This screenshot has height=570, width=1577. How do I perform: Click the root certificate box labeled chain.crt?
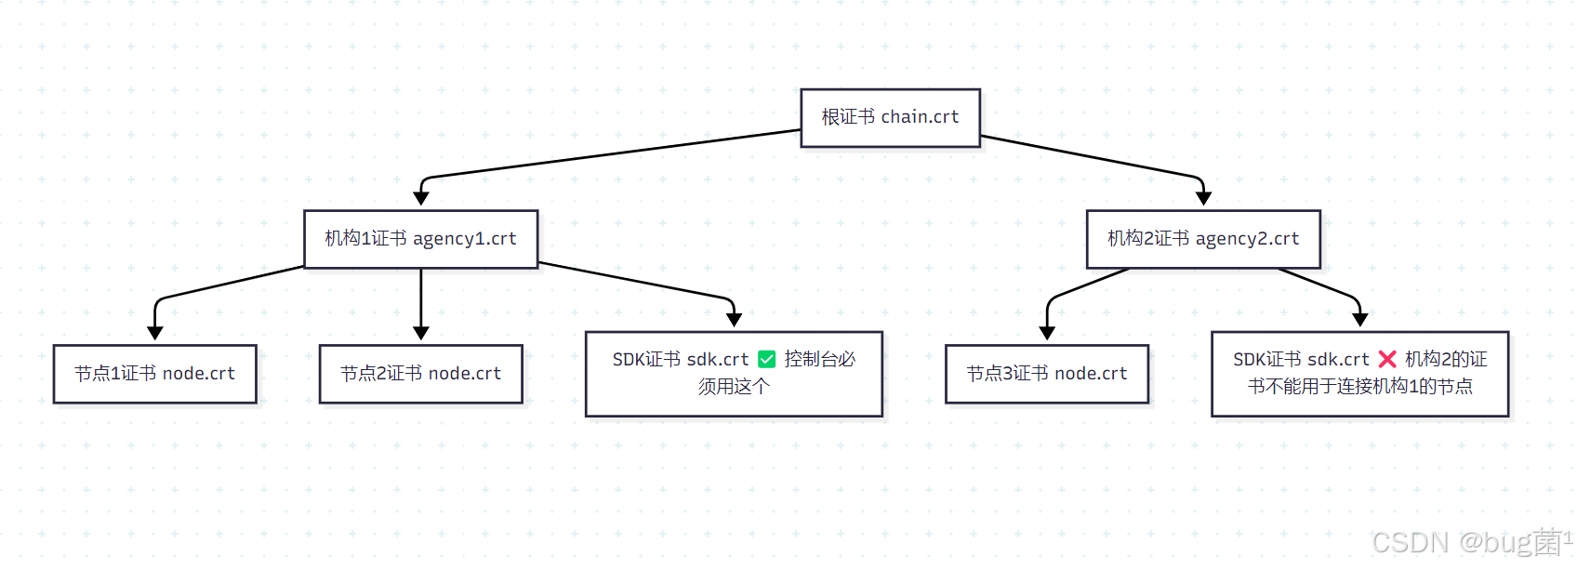890,118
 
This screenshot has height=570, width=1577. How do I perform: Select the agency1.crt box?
420,239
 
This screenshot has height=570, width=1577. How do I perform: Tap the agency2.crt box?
1203,239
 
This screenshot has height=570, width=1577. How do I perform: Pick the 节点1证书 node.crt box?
154,374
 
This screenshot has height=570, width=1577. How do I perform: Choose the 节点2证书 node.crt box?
420,374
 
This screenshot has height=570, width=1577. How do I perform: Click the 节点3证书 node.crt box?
1046,374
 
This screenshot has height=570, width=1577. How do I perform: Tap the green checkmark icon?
767,360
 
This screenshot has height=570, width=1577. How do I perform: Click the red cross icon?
1387,360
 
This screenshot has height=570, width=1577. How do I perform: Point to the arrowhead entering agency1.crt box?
421,198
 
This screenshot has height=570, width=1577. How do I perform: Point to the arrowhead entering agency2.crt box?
1203,198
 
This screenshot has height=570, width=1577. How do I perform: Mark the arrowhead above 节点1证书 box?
155,333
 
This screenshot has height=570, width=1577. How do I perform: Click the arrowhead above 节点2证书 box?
421,333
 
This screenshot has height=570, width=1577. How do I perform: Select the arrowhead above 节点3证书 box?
1047,333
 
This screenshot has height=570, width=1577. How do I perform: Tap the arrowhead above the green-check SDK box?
734,320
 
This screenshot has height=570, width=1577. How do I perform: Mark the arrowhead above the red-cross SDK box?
1360,320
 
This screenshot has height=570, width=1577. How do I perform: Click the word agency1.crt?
464,239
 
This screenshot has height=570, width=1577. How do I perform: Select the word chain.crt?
920,117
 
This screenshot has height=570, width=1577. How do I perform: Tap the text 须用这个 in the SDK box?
734,387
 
